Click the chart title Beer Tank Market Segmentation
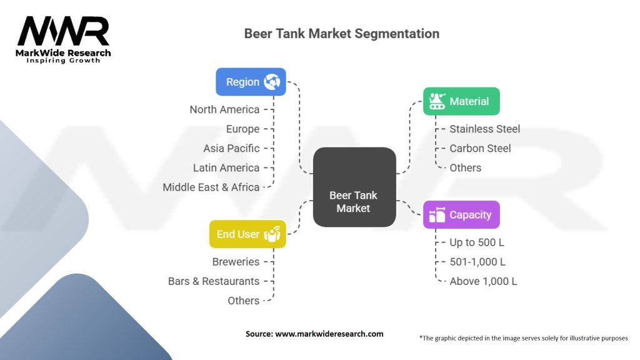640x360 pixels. pos(341,34)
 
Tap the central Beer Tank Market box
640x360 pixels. pos(354,187)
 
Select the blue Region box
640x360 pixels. pos(251,82)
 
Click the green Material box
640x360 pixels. pos(461,101)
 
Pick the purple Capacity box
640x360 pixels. pos(461,214)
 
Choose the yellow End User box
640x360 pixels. pos(247,234)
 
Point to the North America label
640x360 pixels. pos(224,109)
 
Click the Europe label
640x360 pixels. pos(242,129)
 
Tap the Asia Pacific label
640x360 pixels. pos(231,148)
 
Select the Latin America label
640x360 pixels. pos(226,167)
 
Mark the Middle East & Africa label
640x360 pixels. pos(211,187)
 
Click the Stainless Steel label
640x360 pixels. pos(484,129)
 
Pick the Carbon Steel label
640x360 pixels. pos(480,148)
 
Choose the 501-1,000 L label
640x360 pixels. pos(477,262)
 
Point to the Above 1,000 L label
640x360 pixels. pos(483,281)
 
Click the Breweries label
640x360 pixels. pos(236,262)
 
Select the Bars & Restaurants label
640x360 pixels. pos(214,281)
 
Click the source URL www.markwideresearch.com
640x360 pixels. pos(329,334)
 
